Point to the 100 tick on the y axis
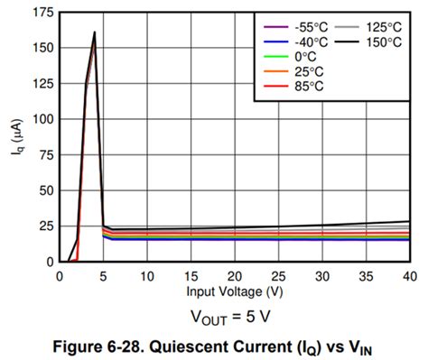(41, 119)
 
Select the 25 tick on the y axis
(43, 226)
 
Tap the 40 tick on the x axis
(409, 275)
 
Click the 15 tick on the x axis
(191, 275)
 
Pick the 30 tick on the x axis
(321, 275)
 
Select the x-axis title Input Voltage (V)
(234, 292)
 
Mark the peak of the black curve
(94, 32)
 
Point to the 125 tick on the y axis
(41, 84)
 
